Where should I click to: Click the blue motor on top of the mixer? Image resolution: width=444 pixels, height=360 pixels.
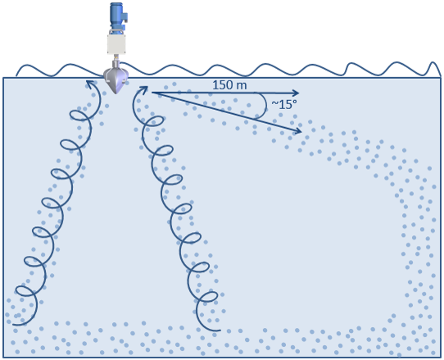click(117, 16)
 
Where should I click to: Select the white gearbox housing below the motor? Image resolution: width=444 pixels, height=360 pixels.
click(116, 43)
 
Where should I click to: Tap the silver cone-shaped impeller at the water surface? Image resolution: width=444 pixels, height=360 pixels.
click(116, 80)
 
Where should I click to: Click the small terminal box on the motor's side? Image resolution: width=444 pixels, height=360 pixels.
click(125, 17)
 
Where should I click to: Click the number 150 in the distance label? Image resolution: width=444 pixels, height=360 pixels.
click(223, 85)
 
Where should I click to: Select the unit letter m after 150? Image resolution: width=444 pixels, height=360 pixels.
click(242, 86)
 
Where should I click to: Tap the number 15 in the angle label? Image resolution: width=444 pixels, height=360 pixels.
click(286, 105)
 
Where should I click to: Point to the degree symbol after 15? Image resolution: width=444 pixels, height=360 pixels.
click(295, 102)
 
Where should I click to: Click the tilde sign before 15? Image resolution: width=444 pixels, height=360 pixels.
click(275, 104)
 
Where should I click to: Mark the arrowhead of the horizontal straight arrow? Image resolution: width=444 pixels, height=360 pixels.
click(296, 93)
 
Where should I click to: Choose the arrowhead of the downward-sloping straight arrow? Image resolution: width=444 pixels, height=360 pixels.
click(298, 130)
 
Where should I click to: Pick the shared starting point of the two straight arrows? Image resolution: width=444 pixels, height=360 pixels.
click(152, 93)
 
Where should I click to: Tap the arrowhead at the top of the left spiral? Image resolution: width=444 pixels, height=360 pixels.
click(90, 84)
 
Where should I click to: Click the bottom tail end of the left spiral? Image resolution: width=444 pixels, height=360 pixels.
click(13, 324)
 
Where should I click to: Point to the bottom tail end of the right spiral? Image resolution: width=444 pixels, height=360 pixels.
click(220, 330)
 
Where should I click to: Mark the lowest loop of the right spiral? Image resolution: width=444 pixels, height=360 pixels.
click(209, 297)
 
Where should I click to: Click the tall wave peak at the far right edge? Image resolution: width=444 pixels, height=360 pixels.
click(433, 68)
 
